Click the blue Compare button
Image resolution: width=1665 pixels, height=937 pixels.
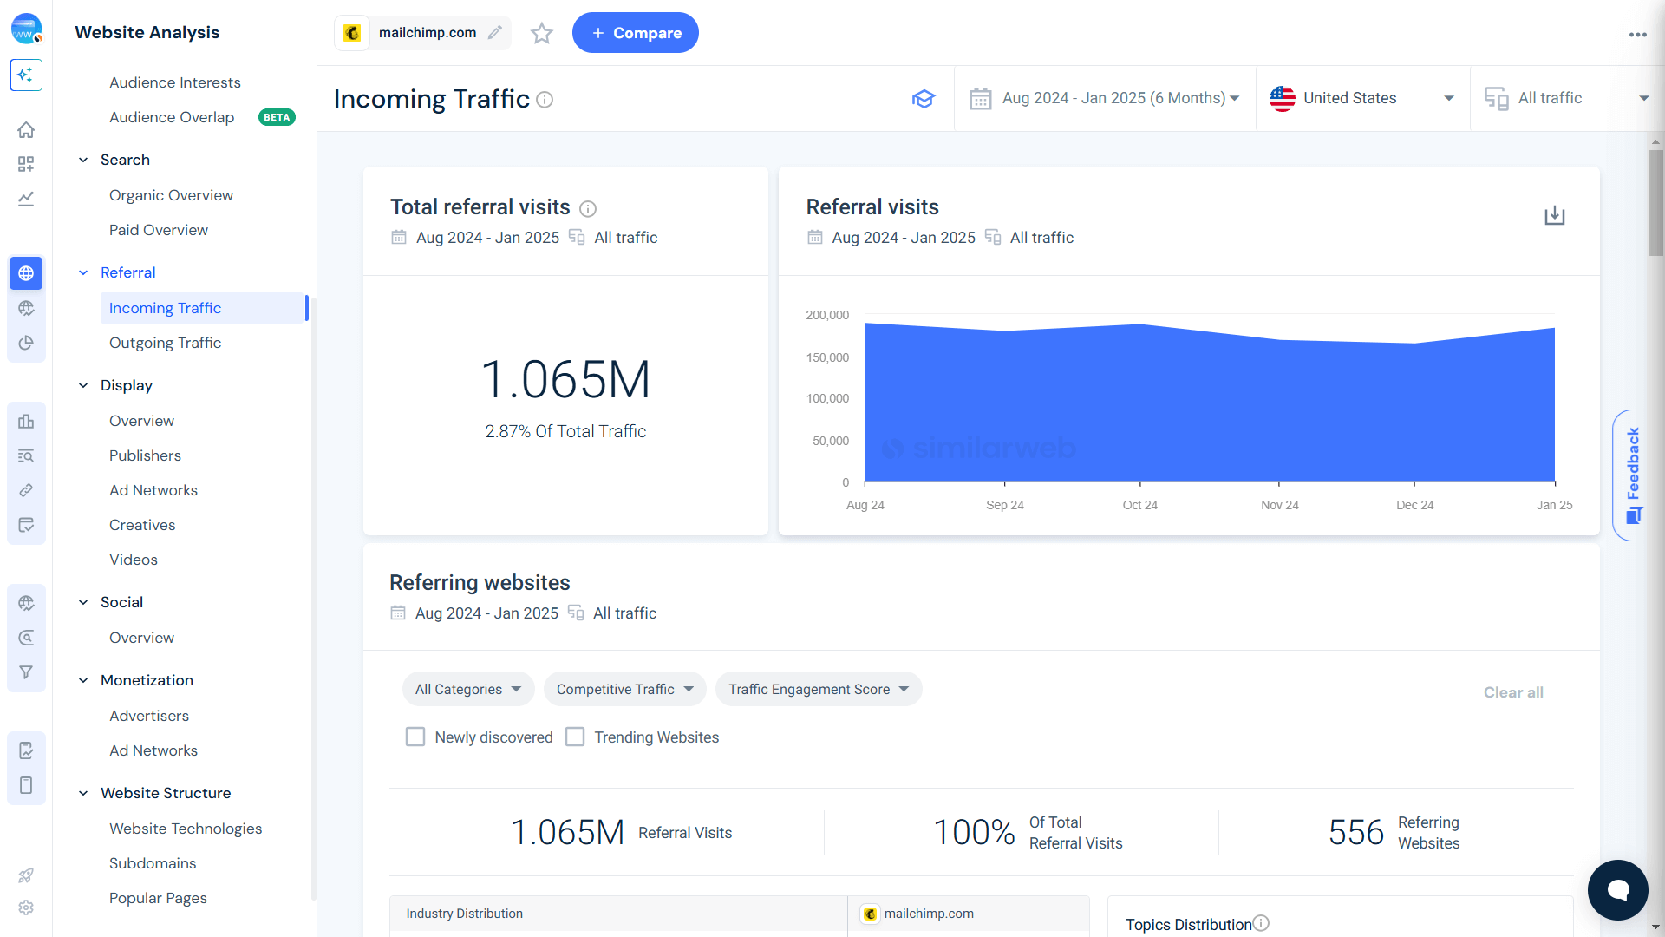point(635,33)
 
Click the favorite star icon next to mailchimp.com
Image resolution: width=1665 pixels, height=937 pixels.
point(542,33)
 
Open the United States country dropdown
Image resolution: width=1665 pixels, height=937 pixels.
point(1361,98)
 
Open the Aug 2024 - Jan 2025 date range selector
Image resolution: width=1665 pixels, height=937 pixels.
point(1105,98)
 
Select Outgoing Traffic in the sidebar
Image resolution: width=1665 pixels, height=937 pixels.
point(165,343)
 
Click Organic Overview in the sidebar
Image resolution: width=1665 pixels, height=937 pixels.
point(171,195)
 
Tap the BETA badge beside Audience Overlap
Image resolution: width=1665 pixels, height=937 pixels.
point(277,117)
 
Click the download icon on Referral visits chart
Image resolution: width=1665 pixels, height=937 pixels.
point(1554,215)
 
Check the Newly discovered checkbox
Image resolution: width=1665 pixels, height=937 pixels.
point(415,737)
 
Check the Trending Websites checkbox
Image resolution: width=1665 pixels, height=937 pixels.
point(575,737)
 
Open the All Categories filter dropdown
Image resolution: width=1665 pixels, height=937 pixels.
point(467,689)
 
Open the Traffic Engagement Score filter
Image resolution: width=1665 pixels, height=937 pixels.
point(818,689)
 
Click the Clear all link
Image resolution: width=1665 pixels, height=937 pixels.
point(1512,692)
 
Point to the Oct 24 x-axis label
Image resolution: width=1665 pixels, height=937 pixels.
point(1139,505)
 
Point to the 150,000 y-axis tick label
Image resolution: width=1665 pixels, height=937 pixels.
point(827,357)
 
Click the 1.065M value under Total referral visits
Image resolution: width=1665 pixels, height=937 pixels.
point(565,380)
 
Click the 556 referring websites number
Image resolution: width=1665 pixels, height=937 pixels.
point(1355,832)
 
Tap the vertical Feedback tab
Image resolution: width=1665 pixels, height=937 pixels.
point(1632,475)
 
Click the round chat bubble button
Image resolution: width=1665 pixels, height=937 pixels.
point(1617,889)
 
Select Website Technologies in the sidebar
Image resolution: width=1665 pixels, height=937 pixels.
point(186,829)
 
